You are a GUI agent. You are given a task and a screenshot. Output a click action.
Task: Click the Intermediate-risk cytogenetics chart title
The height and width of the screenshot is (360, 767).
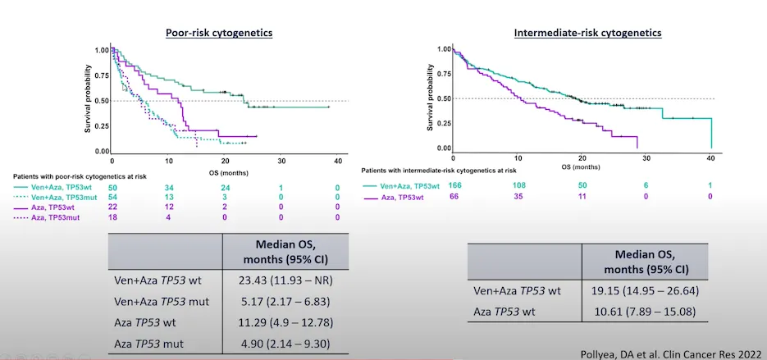[x=587, y=33]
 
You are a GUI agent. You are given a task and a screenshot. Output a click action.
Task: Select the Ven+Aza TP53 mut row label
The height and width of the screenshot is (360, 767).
[x=162, y=301]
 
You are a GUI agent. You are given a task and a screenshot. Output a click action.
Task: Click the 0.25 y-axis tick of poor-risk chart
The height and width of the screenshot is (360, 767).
[x=101, y=125]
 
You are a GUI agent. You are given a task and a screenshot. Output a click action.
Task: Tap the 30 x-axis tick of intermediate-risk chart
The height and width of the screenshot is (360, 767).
[x=646, y=157]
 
